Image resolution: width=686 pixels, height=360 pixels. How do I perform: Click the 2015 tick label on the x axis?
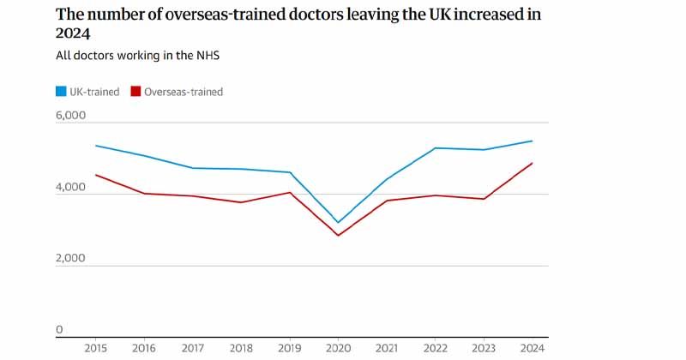coord(96,347)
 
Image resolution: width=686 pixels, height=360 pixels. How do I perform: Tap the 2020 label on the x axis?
coord(338,347)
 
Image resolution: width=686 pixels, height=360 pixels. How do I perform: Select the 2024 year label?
coord(533,347)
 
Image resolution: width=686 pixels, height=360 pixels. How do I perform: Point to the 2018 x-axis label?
coord(242,347)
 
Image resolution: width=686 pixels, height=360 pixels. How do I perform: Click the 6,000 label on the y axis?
coord(70,115)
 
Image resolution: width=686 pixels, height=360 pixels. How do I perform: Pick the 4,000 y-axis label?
coord(70,187)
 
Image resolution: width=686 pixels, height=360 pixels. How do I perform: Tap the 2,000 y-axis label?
coord(70,258)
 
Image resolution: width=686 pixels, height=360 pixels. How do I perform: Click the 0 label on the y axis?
coord(59,330)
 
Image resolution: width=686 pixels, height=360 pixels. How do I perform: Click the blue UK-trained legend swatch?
coord(62,92)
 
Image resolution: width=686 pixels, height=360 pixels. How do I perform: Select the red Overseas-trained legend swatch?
coord(135,92)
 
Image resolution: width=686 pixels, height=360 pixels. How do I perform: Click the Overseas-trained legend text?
coord(184,92)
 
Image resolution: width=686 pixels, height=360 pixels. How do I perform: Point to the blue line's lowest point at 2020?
coord(339,223)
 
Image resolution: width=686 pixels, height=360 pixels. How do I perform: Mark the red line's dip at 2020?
coord(339,236)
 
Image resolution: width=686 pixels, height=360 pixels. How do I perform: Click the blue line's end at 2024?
coord(533,141)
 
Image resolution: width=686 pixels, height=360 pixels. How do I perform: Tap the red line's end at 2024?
coord(533,163)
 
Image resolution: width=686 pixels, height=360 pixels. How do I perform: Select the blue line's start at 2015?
coord(96,146)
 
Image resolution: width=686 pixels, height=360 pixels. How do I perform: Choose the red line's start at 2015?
coord(96,175)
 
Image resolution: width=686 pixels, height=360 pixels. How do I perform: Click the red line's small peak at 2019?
coord(290,192)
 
